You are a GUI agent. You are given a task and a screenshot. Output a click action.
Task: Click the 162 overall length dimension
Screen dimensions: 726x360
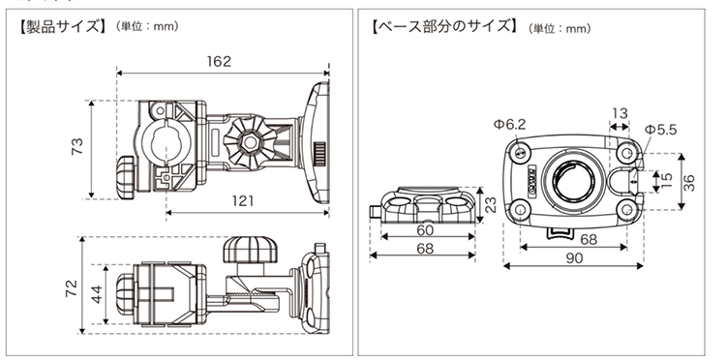(x=219, y=62)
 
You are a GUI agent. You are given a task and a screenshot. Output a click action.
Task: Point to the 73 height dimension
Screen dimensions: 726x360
(x=78, y=146)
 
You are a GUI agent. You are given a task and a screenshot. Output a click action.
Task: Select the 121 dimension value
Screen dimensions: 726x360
(x=243, y=201)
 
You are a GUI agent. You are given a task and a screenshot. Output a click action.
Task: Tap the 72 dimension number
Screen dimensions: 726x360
(x=72, y=287)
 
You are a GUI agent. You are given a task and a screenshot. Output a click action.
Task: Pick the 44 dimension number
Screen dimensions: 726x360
(x=96, y=294)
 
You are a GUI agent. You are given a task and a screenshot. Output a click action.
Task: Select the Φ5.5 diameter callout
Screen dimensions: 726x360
(x=661, y=130)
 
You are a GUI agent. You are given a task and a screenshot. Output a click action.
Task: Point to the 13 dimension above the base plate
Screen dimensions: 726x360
(x=620, y=113)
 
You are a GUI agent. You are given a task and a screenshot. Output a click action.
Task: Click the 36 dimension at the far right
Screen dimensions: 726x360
(x=689, y=182)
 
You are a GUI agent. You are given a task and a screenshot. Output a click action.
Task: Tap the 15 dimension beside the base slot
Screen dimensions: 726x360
(x=667, y=180)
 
